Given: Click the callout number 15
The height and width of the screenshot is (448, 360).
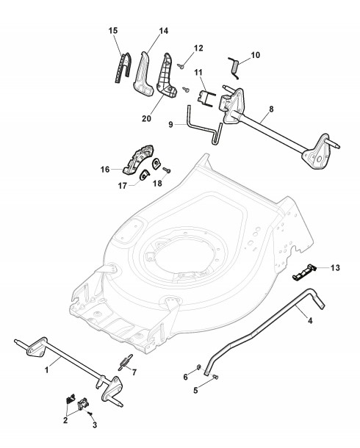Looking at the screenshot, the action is point(113,31).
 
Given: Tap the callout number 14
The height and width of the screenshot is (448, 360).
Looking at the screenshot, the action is point(164,31).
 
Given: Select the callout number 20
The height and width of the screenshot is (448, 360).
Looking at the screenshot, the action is point(147,118).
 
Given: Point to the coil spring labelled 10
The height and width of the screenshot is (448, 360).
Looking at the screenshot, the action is point(234,68).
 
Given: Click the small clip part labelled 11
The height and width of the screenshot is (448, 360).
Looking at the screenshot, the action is point(206,98).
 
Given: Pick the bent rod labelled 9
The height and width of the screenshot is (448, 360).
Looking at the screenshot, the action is point(204,126).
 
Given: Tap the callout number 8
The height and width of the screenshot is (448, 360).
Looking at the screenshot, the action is point(271,109).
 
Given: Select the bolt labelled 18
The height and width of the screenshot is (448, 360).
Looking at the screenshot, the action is point(167,170).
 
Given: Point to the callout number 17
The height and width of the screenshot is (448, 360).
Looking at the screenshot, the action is point(123,186).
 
